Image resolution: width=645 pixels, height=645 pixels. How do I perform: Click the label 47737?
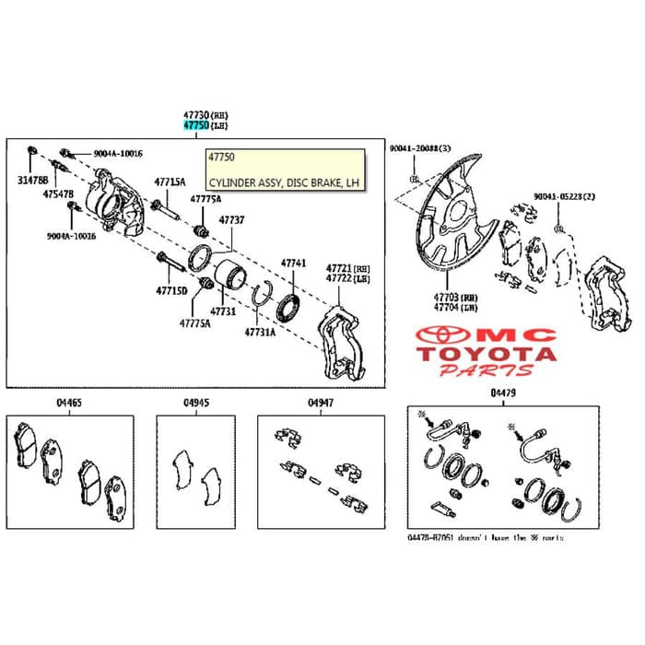231,220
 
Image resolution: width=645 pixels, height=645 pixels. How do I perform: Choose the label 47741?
293,263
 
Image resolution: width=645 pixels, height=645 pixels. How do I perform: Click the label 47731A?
260,332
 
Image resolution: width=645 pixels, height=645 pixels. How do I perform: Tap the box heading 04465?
67,404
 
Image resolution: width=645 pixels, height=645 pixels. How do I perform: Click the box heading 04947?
321,404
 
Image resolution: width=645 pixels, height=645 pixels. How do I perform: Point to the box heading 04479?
504,394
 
